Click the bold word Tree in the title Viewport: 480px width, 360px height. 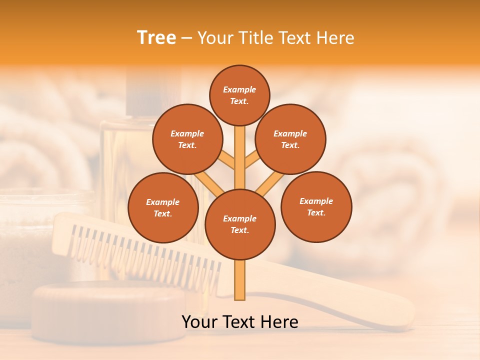click(x=156, y=38)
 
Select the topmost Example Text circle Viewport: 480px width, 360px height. click(x=239, y=95)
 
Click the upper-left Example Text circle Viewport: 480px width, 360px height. click(x=187, y=139)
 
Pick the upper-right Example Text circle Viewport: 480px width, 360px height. click(x=290, y=139)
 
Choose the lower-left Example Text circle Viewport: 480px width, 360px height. click(x=163, y=207)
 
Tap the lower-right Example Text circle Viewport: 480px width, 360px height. click(x=316, y=206)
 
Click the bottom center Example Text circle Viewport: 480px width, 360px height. click(x=240, y=224)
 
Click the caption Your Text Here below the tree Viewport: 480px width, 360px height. click(x=239, y=322)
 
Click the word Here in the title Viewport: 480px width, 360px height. click(x=335, y=38)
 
